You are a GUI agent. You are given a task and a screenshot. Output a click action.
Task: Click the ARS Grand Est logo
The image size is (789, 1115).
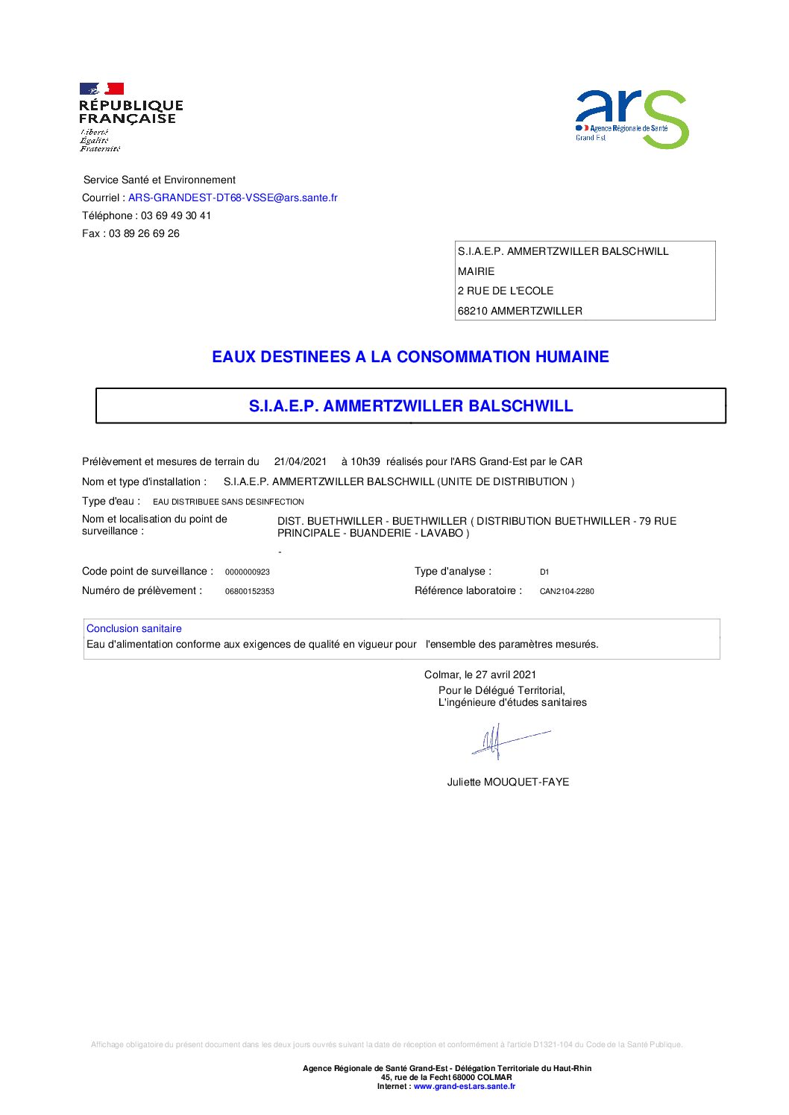pos(631,119)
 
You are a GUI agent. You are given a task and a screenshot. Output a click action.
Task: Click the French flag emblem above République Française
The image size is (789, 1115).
pos(101,89)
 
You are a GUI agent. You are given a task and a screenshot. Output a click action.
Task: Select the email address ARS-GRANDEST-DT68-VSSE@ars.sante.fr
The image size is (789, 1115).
pos(233,198)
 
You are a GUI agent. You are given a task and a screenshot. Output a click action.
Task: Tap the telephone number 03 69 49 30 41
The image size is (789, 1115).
pos(176,215)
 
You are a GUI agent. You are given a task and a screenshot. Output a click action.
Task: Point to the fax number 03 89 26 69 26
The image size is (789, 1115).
pos(144,233)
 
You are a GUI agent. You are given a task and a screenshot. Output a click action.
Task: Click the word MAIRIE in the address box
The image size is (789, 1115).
pos(476,271)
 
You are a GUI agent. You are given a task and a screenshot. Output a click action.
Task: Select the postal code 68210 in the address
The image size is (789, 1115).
pos(473,311)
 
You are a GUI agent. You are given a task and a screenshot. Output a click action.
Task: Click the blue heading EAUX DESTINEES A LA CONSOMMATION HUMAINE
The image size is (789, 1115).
pos(410,357)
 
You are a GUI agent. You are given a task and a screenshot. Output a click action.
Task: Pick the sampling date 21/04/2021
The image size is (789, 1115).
pos(301,461)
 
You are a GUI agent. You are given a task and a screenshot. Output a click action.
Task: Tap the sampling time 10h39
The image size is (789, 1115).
pos(365,461)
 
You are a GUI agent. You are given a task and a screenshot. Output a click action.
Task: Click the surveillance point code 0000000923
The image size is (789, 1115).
pos(248,572)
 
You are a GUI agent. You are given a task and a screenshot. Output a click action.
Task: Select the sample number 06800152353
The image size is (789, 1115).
pos(250,591)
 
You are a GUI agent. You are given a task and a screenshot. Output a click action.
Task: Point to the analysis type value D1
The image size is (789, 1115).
pos(544,572)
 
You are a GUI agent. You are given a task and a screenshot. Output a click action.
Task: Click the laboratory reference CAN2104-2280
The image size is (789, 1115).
pos(567,591)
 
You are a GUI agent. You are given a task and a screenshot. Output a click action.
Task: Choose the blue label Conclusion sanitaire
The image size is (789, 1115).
pos(134,628)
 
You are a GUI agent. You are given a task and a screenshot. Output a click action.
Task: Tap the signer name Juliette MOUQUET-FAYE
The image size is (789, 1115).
pos(508,782)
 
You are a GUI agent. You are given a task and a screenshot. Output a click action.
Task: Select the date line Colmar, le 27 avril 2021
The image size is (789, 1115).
pos(480,675)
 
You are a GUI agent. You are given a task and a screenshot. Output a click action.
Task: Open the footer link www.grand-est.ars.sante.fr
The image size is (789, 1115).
pos(465,1086)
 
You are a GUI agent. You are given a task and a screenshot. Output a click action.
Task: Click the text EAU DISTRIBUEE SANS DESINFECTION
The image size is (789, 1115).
pos(228,502)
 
